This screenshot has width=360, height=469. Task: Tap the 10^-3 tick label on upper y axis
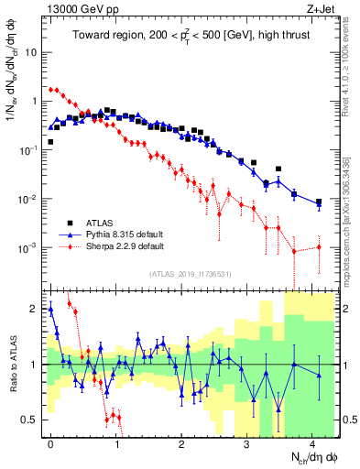pyautogui.click(x=28, y=247)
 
